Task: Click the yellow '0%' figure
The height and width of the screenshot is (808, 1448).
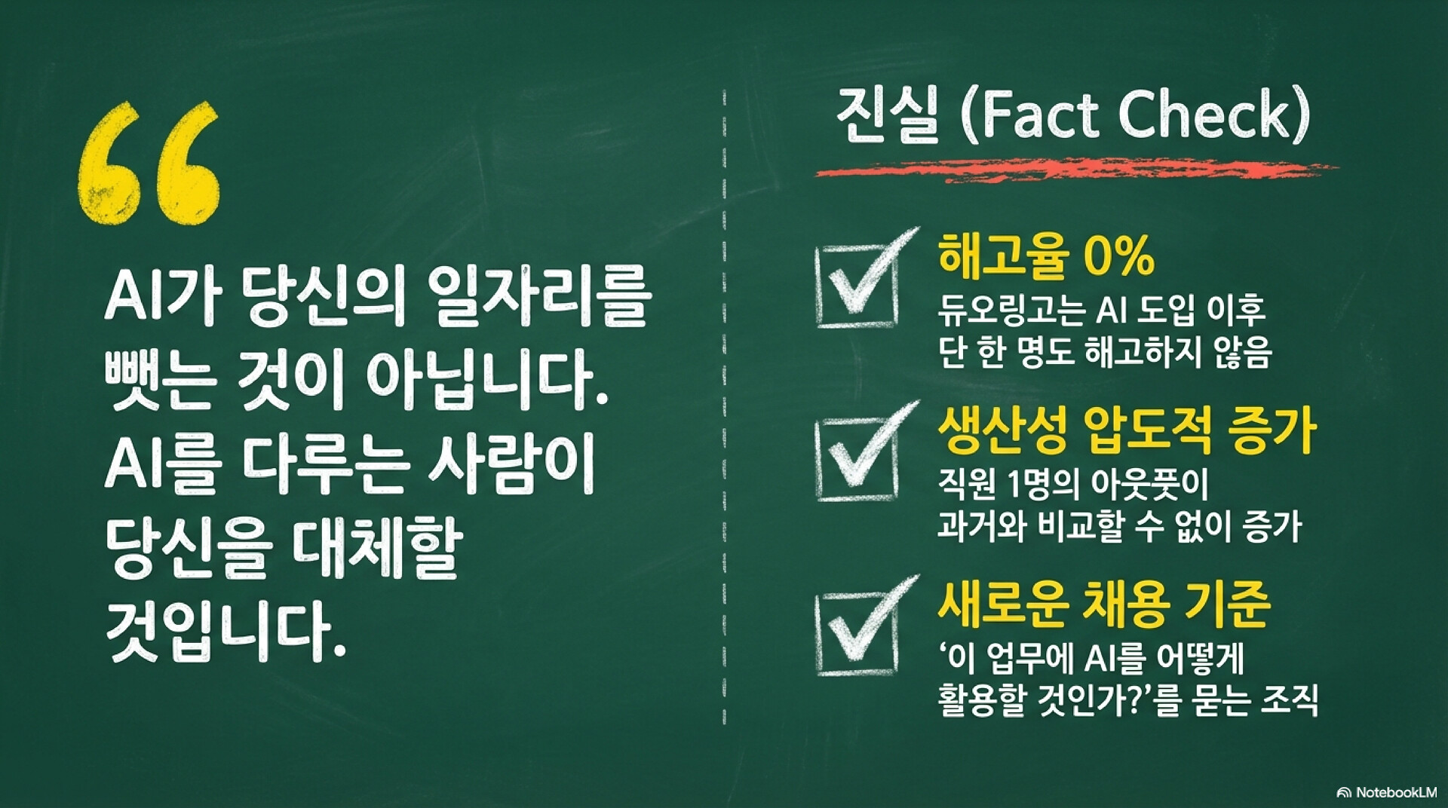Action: point(1118,256)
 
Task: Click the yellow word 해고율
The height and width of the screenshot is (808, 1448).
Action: point(1004,256)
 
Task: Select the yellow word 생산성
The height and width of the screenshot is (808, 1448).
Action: point(1003,430)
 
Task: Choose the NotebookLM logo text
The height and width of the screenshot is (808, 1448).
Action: point(1387,792)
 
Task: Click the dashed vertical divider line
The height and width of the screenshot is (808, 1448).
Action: point(724,407)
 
